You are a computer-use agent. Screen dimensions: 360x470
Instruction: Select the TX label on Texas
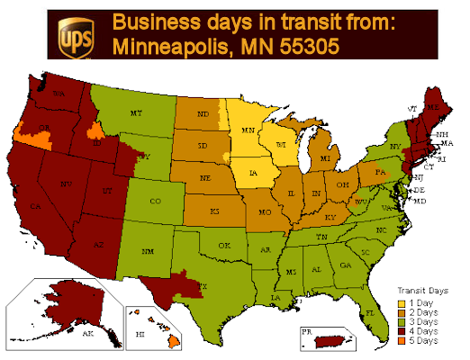pos(203,286)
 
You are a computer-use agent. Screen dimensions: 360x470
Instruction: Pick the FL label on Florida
pos(370,311)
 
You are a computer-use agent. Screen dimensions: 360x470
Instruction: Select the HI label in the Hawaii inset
pos(140,332)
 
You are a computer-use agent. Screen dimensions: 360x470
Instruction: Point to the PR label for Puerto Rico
pos(309,330)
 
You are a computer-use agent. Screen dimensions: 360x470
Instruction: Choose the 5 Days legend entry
pos(421,341)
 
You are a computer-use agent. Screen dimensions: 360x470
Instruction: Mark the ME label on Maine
pos(438,106)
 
